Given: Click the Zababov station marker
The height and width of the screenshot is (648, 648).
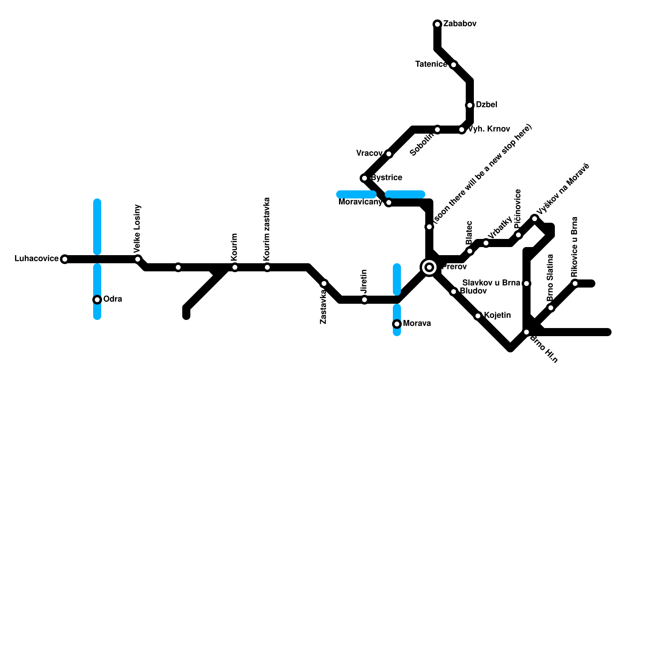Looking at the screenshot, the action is [437, 24].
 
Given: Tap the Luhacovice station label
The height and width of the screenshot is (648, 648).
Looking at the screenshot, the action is [36, 259].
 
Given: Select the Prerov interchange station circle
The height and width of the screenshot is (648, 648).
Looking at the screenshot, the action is [429, 267].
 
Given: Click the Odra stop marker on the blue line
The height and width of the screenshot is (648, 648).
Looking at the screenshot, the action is [97, 300].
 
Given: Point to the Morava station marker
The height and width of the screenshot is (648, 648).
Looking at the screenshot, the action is [397, 324].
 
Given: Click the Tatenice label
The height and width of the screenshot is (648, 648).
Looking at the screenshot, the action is [431, 64].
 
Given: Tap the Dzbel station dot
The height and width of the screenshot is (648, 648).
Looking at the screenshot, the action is [470, 105].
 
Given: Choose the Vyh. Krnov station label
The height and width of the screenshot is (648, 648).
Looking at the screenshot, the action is [489, 129].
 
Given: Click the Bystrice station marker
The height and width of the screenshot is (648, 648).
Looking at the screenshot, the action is [364, 178].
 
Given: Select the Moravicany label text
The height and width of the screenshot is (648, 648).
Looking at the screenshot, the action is [360, 202].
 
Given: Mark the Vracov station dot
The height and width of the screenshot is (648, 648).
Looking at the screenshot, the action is [389, 154].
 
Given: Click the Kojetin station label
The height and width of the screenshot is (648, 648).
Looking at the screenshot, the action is [497, 315].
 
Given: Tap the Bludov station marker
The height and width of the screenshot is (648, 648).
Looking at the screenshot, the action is [454, 292].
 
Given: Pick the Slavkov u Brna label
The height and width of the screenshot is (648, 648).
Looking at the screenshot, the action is [491, 283].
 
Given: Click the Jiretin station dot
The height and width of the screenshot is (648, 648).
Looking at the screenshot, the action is [364, 300].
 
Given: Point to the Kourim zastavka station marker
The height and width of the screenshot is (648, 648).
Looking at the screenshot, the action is [267, 267].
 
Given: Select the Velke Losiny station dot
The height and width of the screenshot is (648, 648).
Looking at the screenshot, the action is [138, 259].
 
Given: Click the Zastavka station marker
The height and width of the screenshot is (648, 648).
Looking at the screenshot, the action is [324, 283].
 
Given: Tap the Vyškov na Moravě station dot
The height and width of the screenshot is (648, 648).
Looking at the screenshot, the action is [535, 219].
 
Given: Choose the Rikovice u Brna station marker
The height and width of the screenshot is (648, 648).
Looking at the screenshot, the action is [575, 283].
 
